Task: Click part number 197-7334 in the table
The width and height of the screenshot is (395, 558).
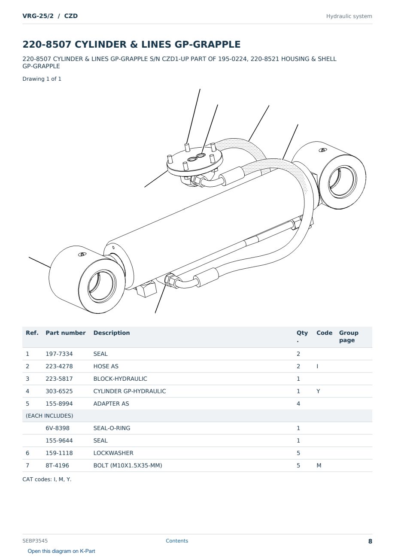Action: [59, 354]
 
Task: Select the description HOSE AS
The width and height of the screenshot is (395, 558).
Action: [106, 366]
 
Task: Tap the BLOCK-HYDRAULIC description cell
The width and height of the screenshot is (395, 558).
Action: [120, 379]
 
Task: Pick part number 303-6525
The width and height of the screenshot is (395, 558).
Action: [59, 391]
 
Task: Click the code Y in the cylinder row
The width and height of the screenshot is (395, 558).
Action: [318, 391]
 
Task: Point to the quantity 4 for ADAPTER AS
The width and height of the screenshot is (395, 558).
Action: [298, 403]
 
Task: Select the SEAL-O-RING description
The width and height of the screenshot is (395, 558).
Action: [112, 428]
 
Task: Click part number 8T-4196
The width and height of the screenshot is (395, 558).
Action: [58, 465]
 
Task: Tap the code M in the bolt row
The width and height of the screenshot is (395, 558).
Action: [319, 465]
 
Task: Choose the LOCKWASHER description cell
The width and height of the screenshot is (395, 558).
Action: [113, 453]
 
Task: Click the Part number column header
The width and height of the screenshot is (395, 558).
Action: [66, 333]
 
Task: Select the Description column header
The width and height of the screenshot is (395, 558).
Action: [112, 333]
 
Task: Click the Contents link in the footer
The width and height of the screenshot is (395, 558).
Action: [177, 541]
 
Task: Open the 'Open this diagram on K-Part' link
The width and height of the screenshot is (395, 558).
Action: [61, 551]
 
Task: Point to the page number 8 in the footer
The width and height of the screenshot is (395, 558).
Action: [370, 541]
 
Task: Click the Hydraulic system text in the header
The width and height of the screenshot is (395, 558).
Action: [349, 16]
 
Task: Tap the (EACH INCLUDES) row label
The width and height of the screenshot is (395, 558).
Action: [49, 416]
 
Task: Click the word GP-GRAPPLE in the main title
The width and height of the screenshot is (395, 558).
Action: [207, 44]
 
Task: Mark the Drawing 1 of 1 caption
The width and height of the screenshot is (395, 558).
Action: [42, 79]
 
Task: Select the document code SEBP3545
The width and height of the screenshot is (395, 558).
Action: [35, 541]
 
